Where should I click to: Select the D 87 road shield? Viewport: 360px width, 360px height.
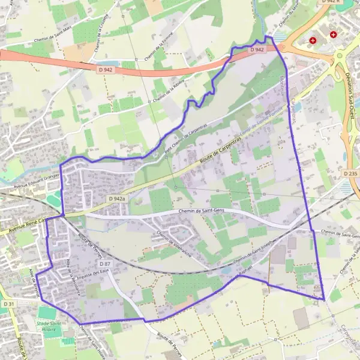[105, 264]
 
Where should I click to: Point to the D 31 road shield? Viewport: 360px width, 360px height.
[7, 305]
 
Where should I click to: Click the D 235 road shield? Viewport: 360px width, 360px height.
[352, 173]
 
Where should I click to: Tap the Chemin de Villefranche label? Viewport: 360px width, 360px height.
[173, 244]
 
